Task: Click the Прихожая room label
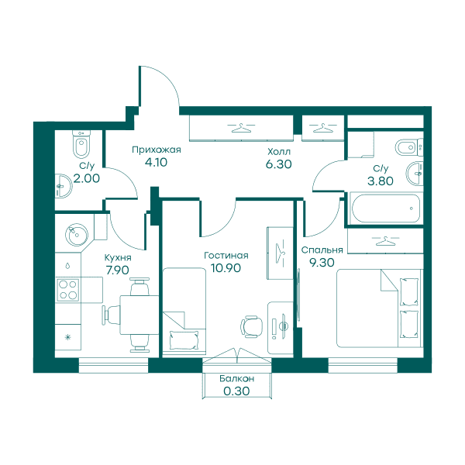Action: (x=157, y=150)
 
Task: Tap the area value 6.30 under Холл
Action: (x=279, y=164)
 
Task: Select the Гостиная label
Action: (x=226, y=255)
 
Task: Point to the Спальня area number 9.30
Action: (x=322, y=263)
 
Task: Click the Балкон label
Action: (x=236, y=379)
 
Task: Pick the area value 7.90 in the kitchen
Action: (x=118, y=270)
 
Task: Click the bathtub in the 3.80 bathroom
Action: (x=385, y=208)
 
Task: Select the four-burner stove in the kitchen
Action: (x=68, y=290)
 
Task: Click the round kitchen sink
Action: (x=77, y=235)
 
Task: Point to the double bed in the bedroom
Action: (x=379, y=308)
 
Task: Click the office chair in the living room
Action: (x=252, y=326)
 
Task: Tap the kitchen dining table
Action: (x=139, y=315)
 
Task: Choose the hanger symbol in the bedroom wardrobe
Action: (x=385, y=240)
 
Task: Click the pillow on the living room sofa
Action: (x=184, y=340)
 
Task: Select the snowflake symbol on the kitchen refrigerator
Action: (x=68, y=337)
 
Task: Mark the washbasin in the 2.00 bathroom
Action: (x=64, y=186)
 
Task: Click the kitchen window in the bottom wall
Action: (x=113, y=365)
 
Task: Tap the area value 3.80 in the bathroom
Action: (x=381, y=181)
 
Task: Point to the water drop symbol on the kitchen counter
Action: (x=67, y=265)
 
